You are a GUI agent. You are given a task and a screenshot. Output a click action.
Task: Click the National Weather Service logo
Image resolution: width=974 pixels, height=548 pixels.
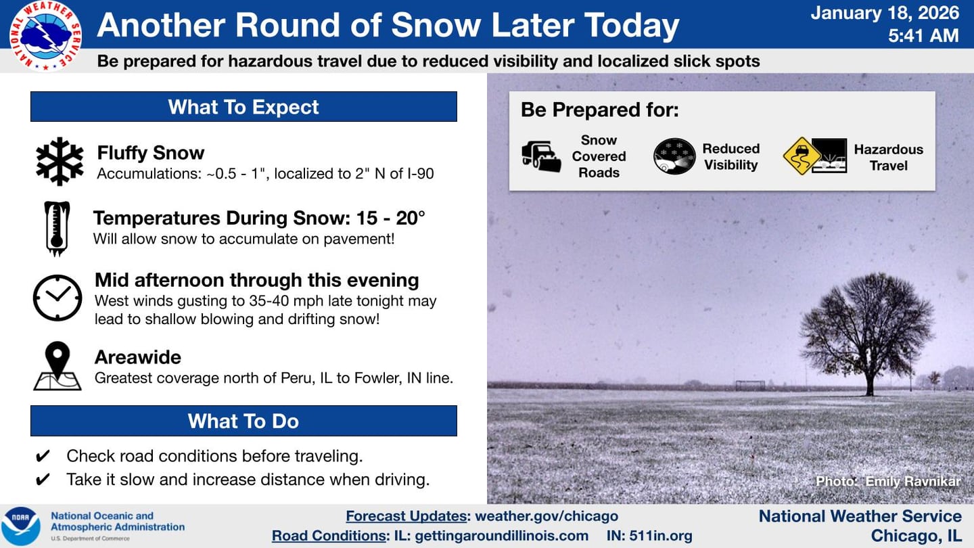pos(46,36)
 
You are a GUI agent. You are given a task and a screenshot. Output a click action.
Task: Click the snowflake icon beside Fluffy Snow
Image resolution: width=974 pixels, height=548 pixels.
pos(60,161)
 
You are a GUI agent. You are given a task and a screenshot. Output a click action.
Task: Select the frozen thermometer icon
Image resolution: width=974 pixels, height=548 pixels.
pos(57,228)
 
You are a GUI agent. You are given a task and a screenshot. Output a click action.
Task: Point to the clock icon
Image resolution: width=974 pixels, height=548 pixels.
pos(57,298)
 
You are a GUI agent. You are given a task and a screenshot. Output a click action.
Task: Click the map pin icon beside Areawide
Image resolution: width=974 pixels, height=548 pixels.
pos(57,366)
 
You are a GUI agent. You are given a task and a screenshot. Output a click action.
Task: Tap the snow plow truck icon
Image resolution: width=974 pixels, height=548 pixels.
pos(541,156)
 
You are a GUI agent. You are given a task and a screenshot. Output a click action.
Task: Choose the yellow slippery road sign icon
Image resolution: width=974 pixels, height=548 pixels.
pos(802,156)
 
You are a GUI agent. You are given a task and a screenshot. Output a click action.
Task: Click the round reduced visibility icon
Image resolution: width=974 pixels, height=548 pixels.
pos(674,156)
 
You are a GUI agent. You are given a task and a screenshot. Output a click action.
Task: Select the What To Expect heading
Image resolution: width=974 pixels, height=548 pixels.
pos(243,107)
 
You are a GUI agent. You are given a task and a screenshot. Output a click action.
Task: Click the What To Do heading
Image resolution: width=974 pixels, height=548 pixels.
pos(243,421)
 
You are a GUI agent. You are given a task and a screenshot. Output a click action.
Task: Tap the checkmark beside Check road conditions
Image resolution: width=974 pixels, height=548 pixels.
pos(42,456)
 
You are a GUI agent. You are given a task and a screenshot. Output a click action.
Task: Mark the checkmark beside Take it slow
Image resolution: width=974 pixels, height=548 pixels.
pos(42,480)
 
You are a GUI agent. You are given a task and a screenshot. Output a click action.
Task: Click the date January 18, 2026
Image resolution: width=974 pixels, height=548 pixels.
pos(885,13)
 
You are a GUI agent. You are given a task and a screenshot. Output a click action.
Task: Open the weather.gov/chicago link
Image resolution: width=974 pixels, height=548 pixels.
pos(547,516)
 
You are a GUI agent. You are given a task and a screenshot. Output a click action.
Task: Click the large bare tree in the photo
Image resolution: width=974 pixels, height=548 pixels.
pos(868,328)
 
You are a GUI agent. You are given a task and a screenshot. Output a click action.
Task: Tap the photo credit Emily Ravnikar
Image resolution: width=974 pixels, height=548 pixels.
pos(887,482)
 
